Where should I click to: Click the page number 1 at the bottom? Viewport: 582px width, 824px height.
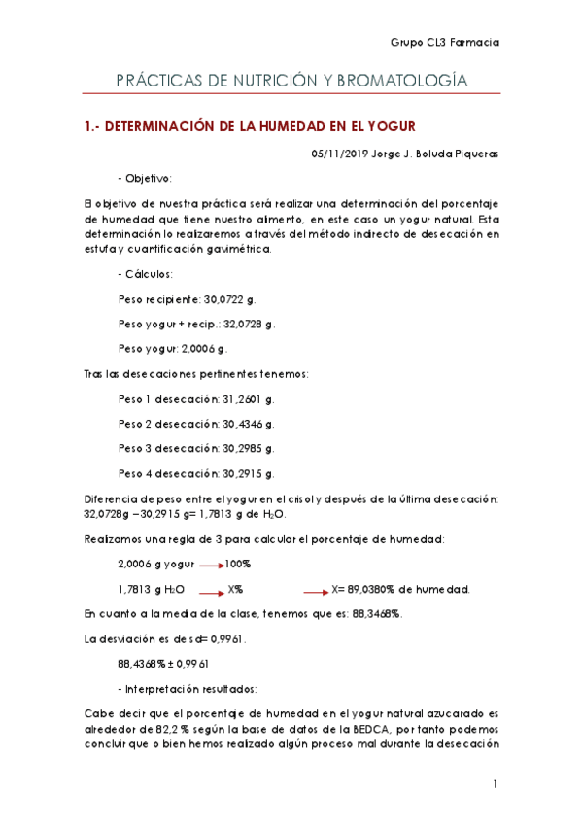[495, 784]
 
